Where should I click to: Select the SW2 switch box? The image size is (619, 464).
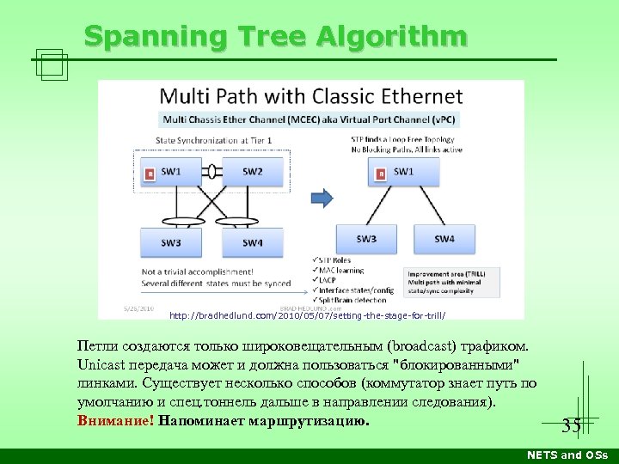tap(251, 171)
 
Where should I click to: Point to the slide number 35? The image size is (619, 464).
tap(571, 425)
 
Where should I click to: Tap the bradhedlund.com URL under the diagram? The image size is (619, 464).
tap(307, 315)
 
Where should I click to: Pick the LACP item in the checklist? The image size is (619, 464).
tap(328, 280)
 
